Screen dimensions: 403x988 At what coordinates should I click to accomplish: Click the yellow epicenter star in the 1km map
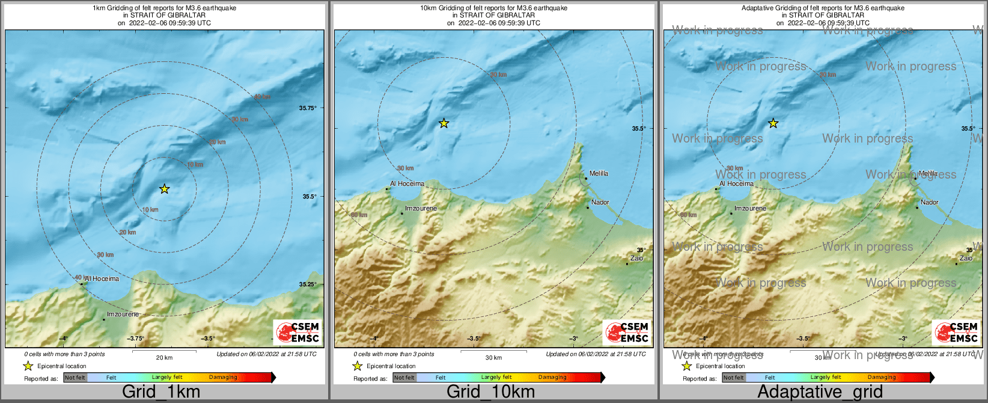point(164,189)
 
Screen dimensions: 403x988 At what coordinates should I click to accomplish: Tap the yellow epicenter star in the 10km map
point(444,123)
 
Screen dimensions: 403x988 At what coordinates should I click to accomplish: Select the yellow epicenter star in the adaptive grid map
point(773,123)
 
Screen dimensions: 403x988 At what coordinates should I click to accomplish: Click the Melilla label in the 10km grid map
point(599,173)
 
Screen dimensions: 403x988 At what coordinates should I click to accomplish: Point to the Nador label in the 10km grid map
point(600,203)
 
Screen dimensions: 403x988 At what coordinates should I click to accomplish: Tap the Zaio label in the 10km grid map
point(636,259)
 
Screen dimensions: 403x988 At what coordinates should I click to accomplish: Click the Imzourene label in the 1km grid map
point(123,315)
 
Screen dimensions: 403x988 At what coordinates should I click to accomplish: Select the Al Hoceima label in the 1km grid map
point(102,278)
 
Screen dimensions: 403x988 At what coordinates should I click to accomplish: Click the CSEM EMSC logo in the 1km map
point(297,332)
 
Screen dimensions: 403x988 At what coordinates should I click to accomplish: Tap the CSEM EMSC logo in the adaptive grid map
point(956,332)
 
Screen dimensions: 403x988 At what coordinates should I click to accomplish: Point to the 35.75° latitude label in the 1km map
point(308,108)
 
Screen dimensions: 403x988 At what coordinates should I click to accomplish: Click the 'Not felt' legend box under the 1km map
point(75,378)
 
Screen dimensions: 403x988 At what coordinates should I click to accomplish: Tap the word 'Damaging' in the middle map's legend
point(552,378)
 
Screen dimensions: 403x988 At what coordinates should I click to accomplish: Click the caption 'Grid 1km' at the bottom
point(161,392)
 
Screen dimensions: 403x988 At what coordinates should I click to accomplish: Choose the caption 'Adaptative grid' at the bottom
point(820,392)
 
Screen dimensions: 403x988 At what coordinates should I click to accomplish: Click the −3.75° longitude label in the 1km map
point(136,339)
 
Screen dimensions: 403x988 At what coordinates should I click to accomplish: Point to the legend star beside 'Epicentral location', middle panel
point(357,366)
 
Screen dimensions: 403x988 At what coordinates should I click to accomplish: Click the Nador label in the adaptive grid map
point(930,203)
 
